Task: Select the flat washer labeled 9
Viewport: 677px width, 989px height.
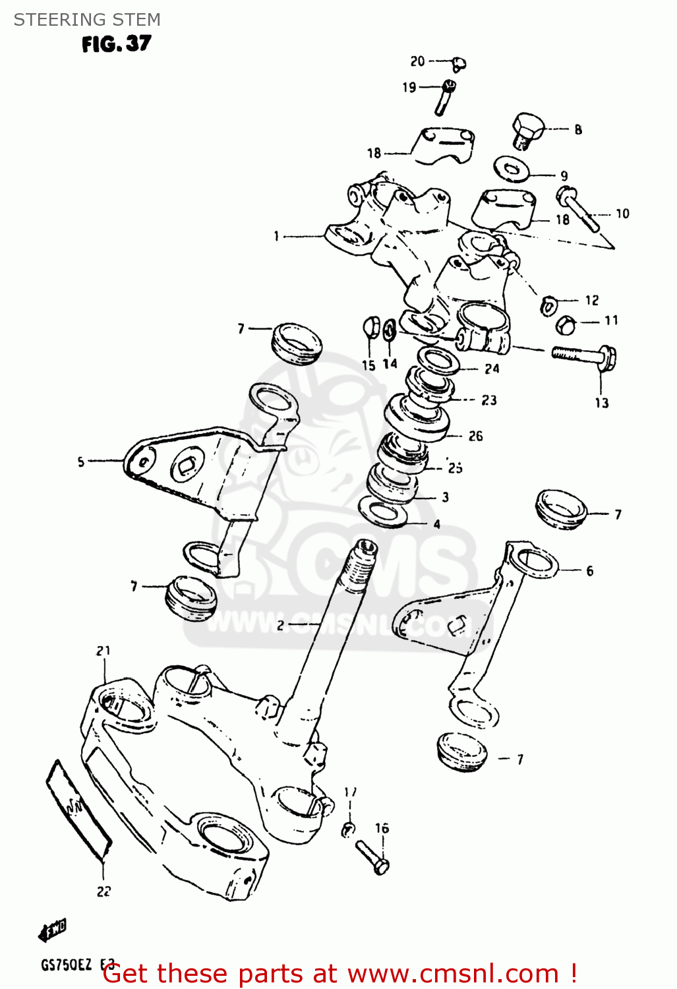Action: point(512,169)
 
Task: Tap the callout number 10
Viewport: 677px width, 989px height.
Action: point(622,214)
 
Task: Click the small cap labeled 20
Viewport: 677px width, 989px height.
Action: point(459,63)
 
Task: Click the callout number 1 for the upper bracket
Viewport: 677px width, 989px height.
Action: point(276,235)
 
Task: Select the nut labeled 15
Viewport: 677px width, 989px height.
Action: point(370,328)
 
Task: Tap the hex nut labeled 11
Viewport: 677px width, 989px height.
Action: point(566,324)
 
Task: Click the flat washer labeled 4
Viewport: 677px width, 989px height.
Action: point(383,513)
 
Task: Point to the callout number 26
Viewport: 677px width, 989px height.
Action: point(475,436)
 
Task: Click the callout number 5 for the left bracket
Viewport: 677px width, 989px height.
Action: point(81,462)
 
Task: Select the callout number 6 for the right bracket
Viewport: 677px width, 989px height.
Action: point(589,571)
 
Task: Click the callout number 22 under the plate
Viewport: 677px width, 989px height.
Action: point(103,891)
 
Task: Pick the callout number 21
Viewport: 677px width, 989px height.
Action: point(103,651)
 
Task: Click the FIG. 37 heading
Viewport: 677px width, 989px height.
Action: point(116,44)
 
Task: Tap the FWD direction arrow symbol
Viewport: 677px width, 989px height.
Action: point(53,930)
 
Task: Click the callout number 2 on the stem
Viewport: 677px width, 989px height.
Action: point(280,625)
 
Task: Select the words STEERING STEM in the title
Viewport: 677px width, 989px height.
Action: point(87,20)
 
